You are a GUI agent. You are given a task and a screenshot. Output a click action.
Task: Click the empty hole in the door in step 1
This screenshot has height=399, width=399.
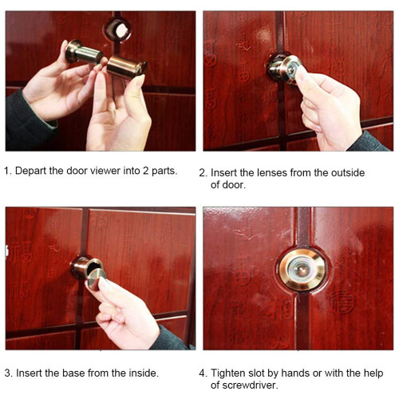tap(118, 30)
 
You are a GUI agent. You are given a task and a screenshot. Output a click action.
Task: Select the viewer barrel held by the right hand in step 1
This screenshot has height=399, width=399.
tap(127, 67)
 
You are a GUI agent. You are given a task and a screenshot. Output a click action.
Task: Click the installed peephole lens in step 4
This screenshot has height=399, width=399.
tap(302, 270)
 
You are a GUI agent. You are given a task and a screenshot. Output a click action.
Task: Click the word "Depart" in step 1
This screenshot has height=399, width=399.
tap(30, 171)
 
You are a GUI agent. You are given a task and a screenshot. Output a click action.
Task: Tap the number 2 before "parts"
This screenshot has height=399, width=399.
tap(146, 171)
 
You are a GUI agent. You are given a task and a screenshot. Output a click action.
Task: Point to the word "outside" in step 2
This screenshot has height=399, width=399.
tap(347, 173)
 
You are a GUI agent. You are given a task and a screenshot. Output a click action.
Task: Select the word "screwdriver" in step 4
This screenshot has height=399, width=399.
tap(250, 385)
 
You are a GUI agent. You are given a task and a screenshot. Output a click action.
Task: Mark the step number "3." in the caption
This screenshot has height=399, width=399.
tap(9, 373)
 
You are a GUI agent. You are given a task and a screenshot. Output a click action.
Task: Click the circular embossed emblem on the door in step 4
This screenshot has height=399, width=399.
tap(342, 302)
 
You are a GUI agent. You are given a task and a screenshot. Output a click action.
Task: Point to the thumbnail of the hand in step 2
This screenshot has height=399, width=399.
tap(300, 73)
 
